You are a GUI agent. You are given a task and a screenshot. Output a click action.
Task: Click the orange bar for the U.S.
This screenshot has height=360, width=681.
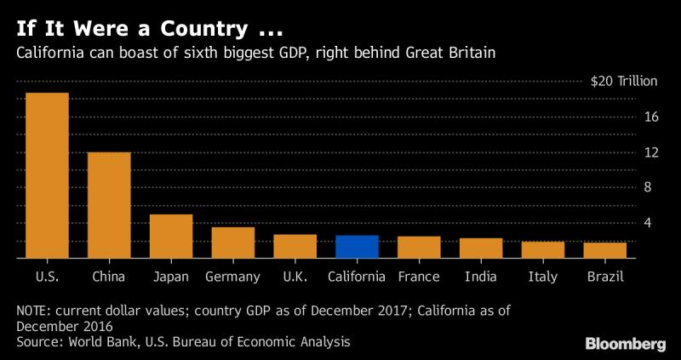(x=47, y=174)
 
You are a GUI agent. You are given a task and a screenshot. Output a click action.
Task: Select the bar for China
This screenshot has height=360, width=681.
(x=109, y=204)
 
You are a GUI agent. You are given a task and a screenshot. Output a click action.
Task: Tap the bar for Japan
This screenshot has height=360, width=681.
(x=171, y=236)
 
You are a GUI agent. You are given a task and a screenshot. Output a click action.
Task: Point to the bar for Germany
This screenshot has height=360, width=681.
(x=232, y=242)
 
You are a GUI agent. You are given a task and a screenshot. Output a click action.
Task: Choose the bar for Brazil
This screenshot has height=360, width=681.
(x=604, y=249)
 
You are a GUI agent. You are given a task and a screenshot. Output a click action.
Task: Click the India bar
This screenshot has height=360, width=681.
(x=481, y=247)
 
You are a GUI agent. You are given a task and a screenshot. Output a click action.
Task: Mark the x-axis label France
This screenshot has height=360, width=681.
(x=419, y=277)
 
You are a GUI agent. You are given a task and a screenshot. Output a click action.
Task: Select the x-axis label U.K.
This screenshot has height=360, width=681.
(x=295, y=277)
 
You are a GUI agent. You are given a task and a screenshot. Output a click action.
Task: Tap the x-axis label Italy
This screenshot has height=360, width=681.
(x=543, y=277)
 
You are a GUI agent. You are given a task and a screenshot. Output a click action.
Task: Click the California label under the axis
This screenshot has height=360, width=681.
(x=357, y=277)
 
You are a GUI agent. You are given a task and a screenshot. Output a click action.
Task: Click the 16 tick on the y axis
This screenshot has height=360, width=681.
(x=652, y=117)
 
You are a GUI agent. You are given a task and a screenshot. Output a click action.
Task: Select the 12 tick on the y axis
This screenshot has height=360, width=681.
(x=652, y=152)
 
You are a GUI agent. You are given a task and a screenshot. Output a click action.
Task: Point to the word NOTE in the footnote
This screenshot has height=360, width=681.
(x=35, y=310)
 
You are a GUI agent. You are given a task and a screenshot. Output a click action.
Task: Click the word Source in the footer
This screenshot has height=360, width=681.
(x=38, y=341)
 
